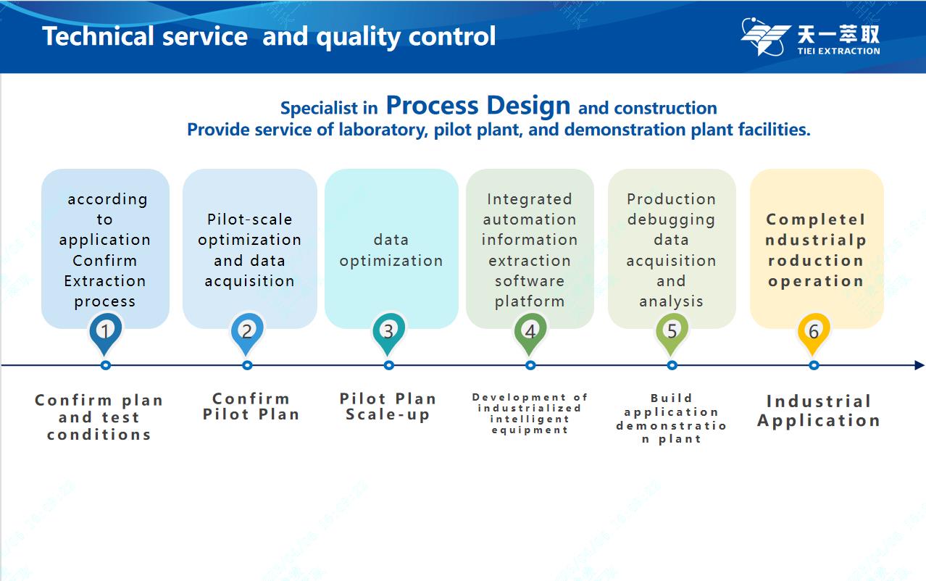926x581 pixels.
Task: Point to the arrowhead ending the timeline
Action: click(x=919, y=365)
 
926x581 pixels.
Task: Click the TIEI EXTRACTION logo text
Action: click(x=839, y=51)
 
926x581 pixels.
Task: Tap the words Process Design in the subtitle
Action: click(x=478, y=106)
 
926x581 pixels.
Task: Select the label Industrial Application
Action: click(x=819, y=411)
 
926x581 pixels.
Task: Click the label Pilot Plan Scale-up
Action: click(x=388, y=406)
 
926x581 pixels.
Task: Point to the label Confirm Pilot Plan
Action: click(x=251, y=406)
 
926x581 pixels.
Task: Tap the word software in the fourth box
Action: click(x=530, y=281)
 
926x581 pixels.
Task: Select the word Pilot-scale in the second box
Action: click(x=250, y=220)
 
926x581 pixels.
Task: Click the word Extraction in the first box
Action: click(x=105, y=281)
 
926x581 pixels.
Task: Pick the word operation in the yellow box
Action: click(x=816, y=282)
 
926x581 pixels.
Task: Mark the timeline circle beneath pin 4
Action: click(x=530, y=365)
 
